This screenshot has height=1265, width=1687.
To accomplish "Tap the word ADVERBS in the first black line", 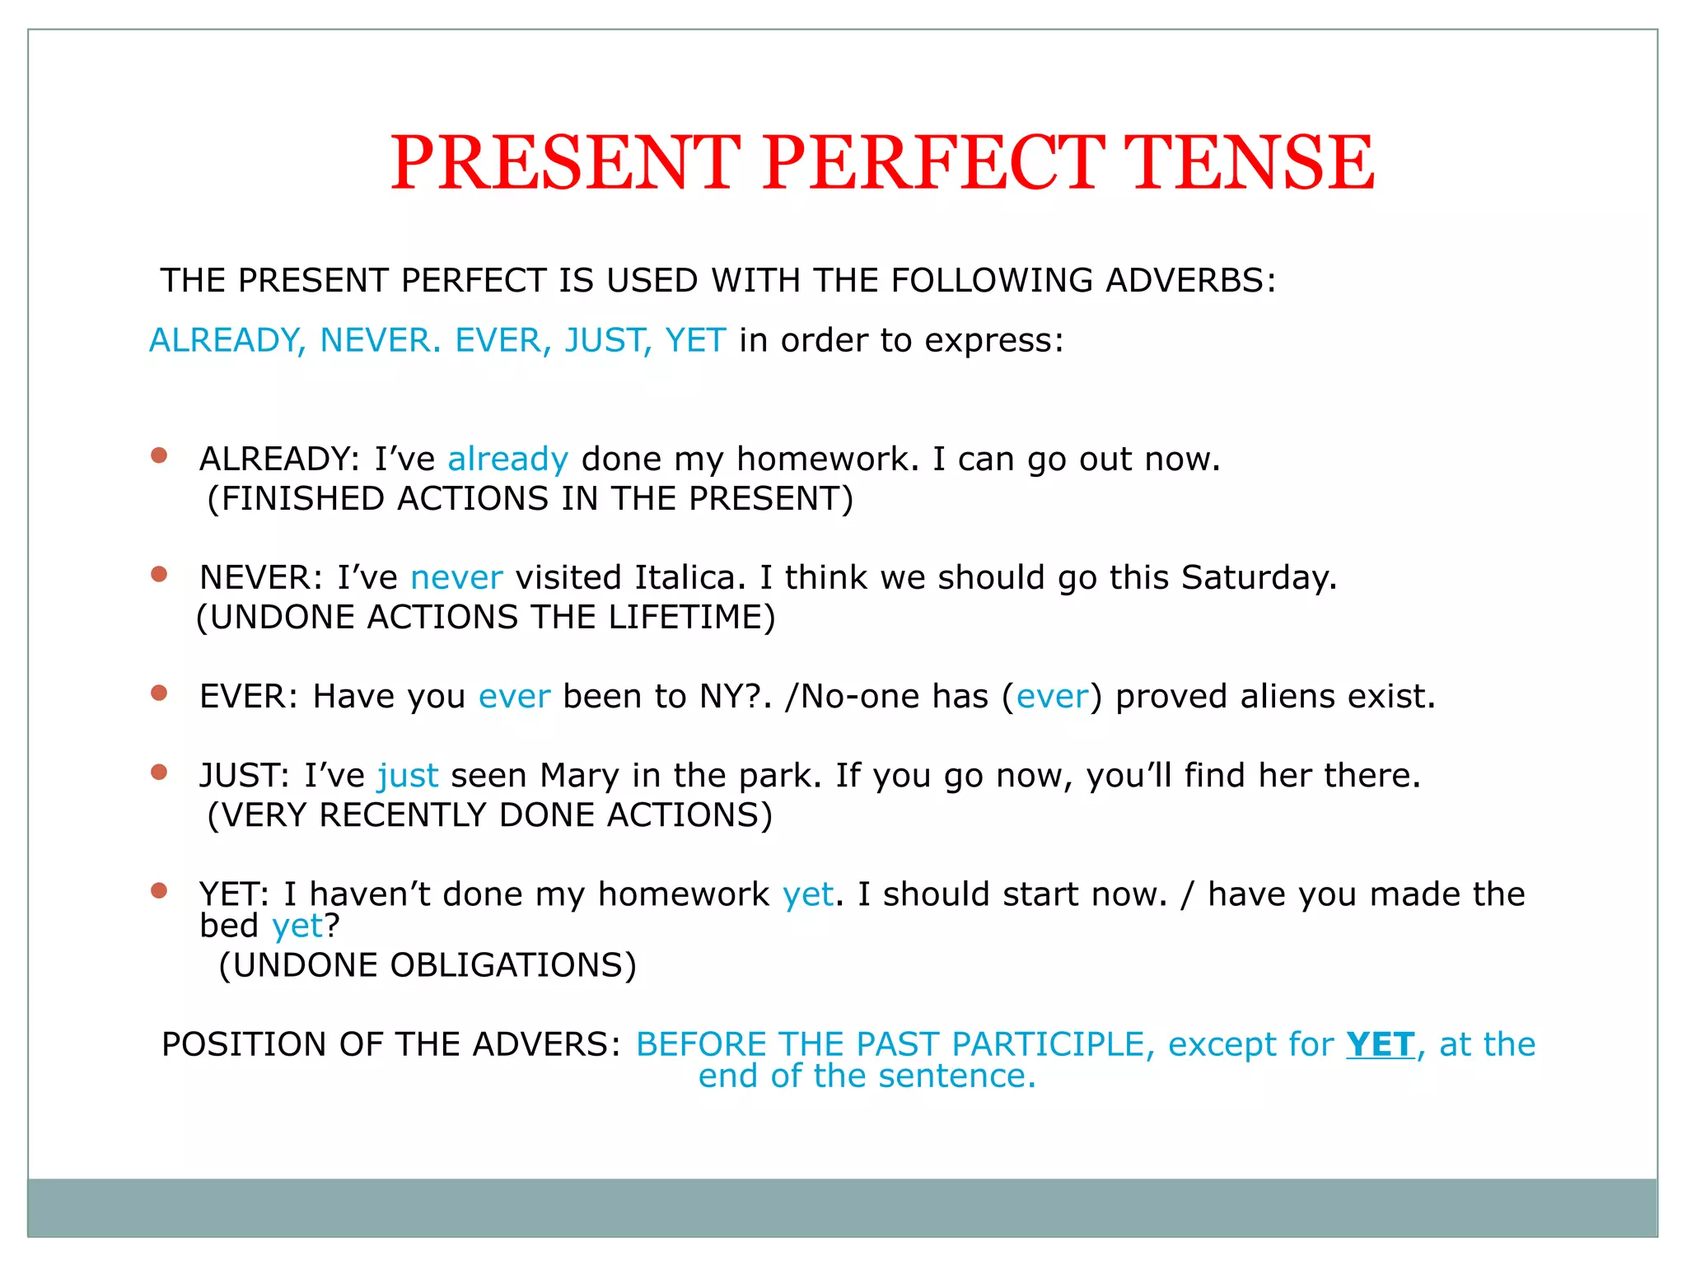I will pyautogui.click(x=1189, y=281).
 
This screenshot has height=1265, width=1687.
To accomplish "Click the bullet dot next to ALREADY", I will pyautogui.click(x=159, y=455).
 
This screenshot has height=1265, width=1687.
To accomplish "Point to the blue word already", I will pyautogui.click(x=507, y=460).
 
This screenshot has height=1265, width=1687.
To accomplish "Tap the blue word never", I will pyautogui.click(x=456, y=578).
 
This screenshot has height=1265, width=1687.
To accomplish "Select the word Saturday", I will pyautogui.click(x=1258, y=578).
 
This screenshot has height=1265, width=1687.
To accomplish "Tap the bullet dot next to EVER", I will pyautogui.click(x=159, y=693).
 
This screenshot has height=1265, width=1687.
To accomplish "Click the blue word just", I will pyautogui.click(x=408, y=777).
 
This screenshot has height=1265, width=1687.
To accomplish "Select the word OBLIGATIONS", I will pyautogui.click(x=507, y=966).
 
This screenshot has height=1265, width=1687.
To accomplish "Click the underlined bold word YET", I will pyautogui.click(x=1381, y=1045).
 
